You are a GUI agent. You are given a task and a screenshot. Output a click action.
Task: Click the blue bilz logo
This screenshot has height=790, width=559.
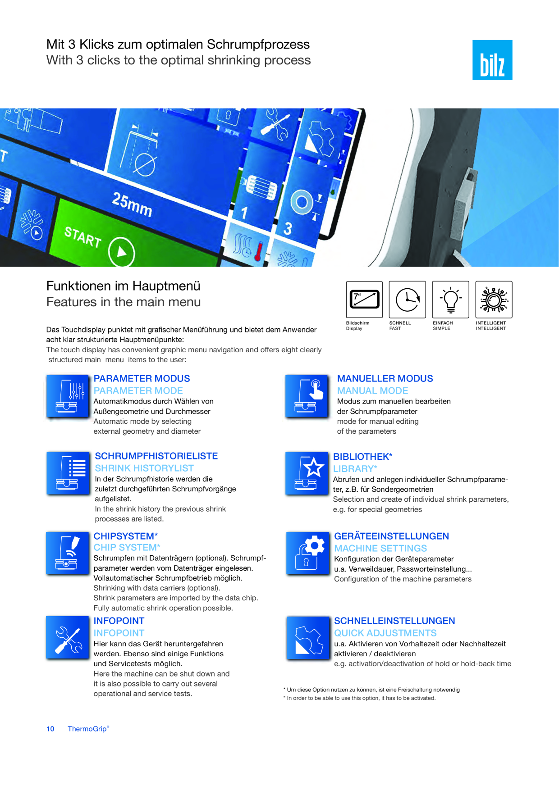click(492, 60)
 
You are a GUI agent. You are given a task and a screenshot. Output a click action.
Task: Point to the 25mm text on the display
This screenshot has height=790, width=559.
click(132, 204)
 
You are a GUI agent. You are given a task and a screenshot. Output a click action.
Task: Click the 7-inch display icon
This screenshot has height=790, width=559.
click(364, 300)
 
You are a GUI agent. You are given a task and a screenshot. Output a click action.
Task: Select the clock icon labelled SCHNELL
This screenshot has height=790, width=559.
click(407, 300)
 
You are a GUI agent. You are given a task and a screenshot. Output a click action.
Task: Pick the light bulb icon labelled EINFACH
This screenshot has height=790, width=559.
click(450, 300)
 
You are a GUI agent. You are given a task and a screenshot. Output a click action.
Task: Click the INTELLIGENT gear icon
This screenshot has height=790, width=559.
click(494, 300)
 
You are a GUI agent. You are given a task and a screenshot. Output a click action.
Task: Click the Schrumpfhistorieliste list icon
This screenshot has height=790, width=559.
click(68, 473)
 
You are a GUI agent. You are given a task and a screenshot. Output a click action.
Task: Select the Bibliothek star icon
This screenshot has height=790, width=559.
click(307, 473)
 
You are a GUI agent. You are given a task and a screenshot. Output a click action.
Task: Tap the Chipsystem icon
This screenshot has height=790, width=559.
click(68, 553)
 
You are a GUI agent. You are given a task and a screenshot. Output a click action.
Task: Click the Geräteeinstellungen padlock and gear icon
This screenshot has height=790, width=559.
click(308, 553)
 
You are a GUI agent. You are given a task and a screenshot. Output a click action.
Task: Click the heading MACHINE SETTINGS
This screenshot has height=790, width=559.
click(380, 549)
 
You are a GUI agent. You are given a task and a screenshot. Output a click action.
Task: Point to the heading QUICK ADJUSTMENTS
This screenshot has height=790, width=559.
click(385, 633)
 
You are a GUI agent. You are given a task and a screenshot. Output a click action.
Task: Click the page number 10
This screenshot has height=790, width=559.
click(50, 729)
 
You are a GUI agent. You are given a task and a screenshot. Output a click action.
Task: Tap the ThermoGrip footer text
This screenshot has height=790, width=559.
click(88, 729)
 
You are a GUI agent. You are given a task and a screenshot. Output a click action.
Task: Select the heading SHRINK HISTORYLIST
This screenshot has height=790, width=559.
click(144, 468)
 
